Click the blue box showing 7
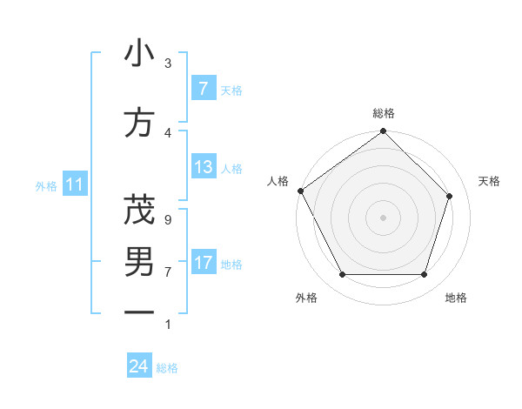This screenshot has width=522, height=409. (x=203, y=89)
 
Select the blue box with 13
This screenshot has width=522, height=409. (x=203, y=167)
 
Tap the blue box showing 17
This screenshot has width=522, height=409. (x=203, y=263)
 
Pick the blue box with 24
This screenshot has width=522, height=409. (x=138, y=366)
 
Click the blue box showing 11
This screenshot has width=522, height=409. (x=75, y=184)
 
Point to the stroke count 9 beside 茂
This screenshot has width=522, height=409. (x=168, y=218)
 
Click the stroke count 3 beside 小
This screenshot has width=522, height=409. (x=168, y=63)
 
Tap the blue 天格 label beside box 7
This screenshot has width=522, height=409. (x=231, y=90)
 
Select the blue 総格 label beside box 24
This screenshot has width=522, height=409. (x=167, y=368)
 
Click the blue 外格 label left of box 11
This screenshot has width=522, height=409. (x=46, y=185)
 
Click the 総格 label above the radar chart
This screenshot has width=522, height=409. (x=384, y=113)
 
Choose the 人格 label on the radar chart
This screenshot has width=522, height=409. (x=278, y=181)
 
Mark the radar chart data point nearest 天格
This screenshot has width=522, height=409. (x=450, y=196)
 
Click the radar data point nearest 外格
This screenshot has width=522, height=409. (x=342, y=275)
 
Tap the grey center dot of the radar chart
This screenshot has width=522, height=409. (x=383, y=217)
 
